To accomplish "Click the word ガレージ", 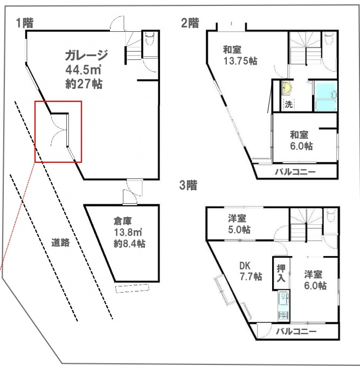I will click(x=87, y=56).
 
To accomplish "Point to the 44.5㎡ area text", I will click(x=84, y=70).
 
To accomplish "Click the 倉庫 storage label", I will click(x=123, y=220).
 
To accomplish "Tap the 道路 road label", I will click(x=61, y=242).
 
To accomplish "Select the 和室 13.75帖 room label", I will click(x=239, y=56).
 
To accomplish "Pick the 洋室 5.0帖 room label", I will click(x=238, y=224).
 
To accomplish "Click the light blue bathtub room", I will click(x=326, y=95).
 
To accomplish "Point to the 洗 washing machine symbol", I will click(x=288, y=104).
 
